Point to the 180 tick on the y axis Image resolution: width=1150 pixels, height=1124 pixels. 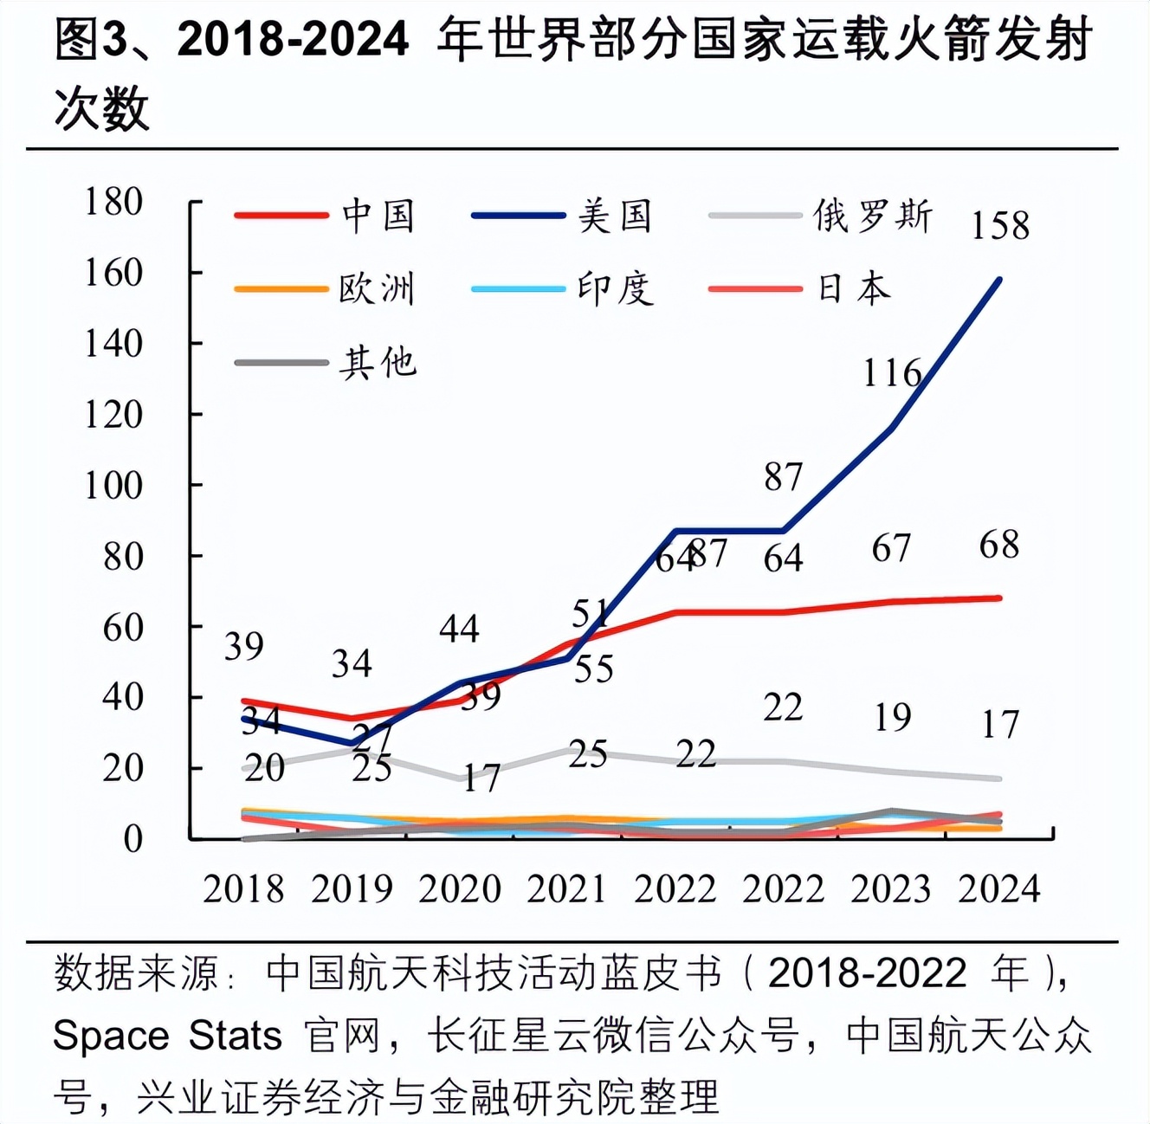[x=113, y=202]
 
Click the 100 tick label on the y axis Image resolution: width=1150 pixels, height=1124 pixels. [x=113, y=486]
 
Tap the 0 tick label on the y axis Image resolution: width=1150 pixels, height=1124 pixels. [x=132, y=839]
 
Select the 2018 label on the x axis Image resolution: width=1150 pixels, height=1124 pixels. [x=243, y=889]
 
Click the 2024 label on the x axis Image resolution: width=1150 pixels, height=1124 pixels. [x=999, y=889]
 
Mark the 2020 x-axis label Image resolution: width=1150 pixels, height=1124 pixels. [x=460, y=889]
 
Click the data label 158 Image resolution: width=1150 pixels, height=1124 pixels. [x=1000, y=226]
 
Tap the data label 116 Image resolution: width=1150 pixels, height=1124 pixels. [x=892, y=373]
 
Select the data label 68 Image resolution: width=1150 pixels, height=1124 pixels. [x=999, y=545]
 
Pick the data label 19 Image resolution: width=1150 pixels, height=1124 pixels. [x=892, y=717]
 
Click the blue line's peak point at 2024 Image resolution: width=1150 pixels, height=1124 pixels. [x=999, y=280]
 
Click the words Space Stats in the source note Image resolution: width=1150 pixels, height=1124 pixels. [x=167, y=1036]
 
